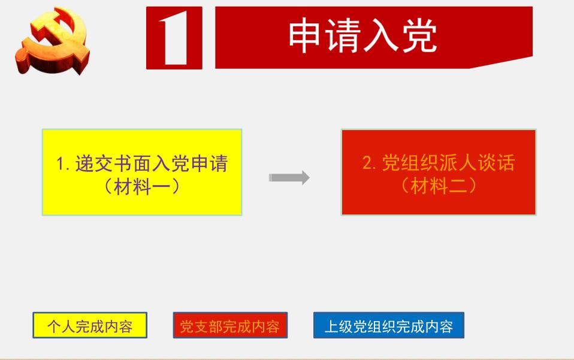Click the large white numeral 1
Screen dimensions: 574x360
[174, 38]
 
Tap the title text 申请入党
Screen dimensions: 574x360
[362, 35]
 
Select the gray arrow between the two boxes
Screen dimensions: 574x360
[289, 178]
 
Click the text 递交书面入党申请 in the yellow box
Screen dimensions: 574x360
[152, 163]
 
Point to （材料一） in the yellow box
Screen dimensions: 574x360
[142, 186]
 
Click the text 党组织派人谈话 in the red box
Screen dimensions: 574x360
[448, 162]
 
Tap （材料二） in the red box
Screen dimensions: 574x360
[439, 186]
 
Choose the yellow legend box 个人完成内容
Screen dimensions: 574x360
[90, 325]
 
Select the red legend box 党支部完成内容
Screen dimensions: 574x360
[230, 325]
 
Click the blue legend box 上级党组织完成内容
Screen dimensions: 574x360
[389, 325]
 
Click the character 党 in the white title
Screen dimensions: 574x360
[420, 35]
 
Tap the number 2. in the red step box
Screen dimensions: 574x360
[369, 163]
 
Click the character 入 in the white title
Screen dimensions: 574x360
[380, 35]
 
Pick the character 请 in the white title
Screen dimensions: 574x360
[343, 35]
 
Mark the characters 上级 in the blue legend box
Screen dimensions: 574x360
[339, 326]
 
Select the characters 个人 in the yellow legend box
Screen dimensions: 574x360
[61, 326]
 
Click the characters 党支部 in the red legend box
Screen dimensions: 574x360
[201, 326]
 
